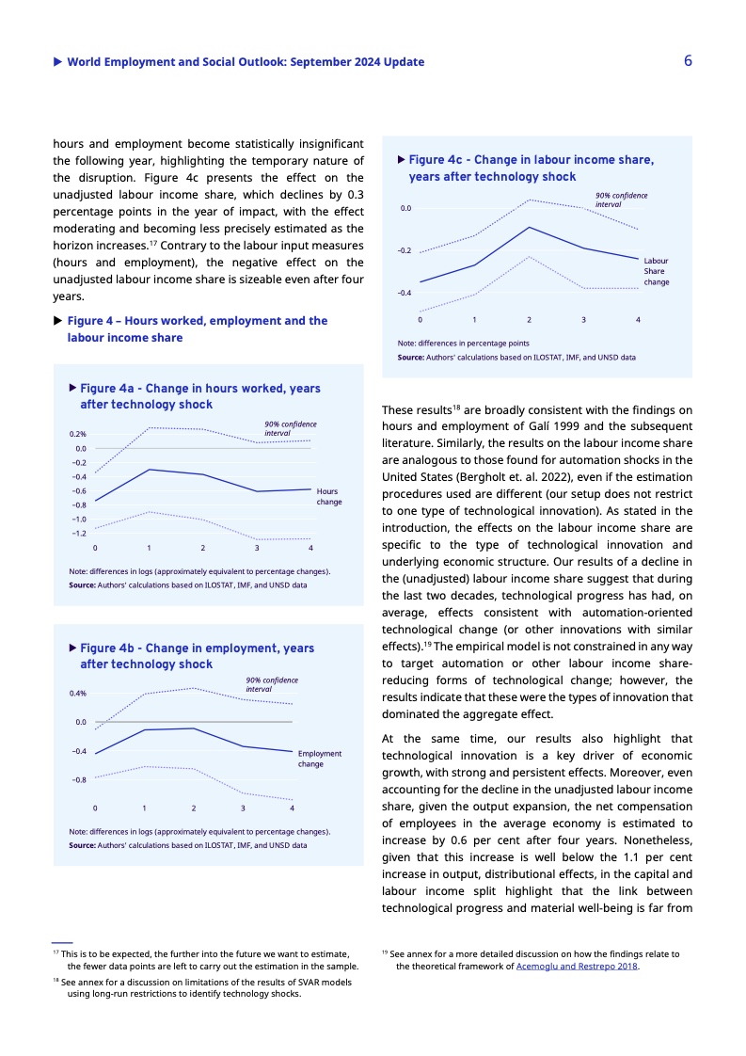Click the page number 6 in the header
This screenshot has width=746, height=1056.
688,61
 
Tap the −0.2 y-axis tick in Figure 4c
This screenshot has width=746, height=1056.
405,250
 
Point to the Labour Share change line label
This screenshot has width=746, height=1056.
656,271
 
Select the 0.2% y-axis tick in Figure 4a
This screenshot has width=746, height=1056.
77,434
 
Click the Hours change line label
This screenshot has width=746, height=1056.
329,497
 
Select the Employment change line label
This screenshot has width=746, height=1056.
319,759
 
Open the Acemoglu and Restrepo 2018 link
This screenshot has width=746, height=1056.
577,966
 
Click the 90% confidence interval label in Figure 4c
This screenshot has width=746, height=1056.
621,200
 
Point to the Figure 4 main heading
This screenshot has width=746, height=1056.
197,328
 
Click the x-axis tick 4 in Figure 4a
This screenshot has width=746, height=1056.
310,548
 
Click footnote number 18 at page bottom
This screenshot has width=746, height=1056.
56,982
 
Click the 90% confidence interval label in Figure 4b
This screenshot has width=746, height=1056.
271,684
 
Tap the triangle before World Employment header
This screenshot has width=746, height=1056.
58,62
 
